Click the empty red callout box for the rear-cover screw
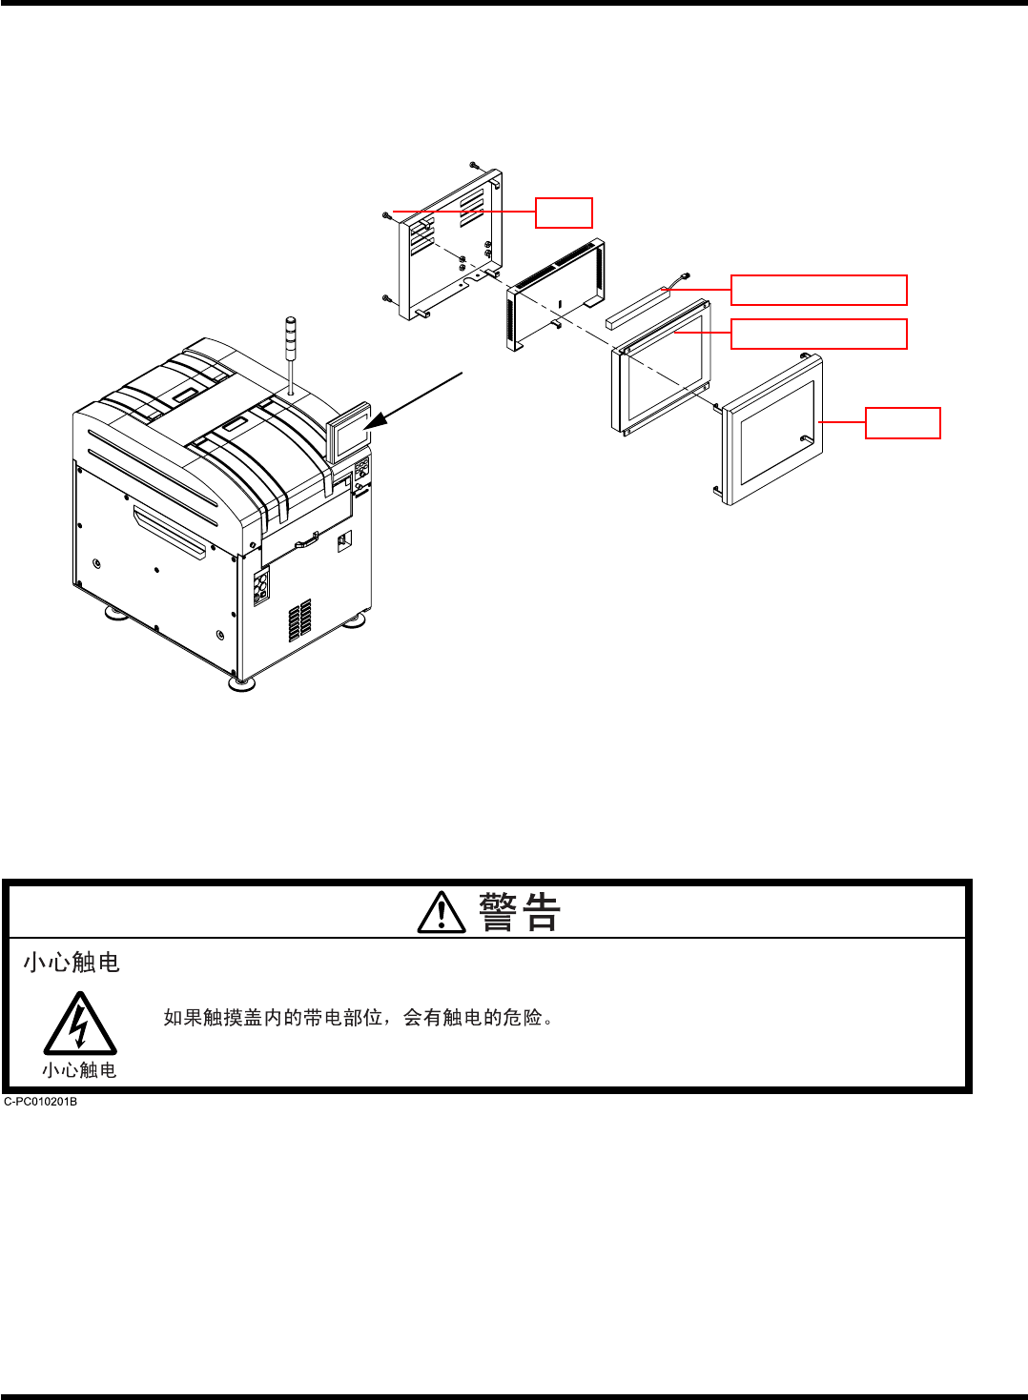pos(564,213)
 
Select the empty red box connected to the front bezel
pos(902,423)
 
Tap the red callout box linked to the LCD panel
pos(818,334)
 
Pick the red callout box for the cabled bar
pos(818,290)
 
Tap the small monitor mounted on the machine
pos(349,433)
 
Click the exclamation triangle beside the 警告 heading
pos(442,912)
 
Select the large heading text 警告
pos(520,912)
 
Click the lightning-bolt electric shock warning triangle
pos(80,1025)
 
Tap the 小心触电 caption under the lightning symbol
pos(79,1070)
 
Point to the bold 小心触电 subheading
pos(72,963)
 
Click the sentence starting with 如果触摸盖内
pos(359,1018)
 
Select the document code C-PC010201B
pos(41,1102)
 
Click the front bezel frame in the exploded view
pos(771,430)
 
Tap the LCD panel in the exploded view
pos(661,367)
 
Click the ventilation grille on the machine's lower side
pos(299,620)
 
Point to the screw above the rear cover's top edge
pos(473,165)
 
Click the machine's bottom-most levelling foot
pos(242,682)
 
